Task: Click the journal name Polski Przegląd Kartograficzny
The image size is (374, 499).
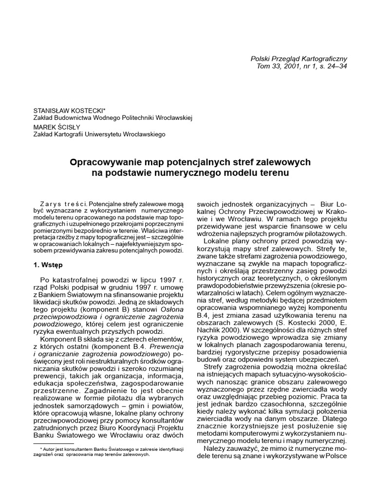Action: click(299, 58)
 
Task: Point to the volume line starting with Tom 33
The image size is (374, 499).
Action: click(301, 66)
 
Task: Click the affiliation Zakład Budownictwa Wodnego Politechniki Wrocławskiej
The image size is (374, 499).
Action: click(113, 118)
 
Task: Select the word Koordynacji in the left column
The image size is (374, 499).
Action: click(133, 427)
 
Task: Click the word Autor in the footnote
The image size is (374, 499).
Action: click(54, 448)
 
